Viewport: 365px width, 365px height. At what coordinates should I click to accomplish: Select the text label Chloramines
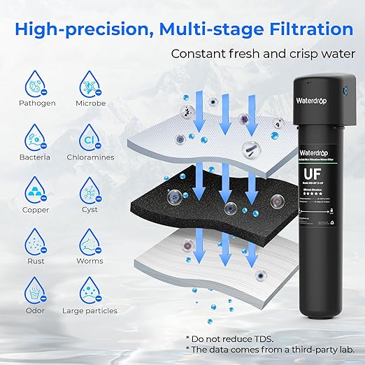coord(90,157)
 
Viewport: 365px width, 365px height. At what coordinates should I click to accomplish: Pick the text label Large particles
coord(90,310)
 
